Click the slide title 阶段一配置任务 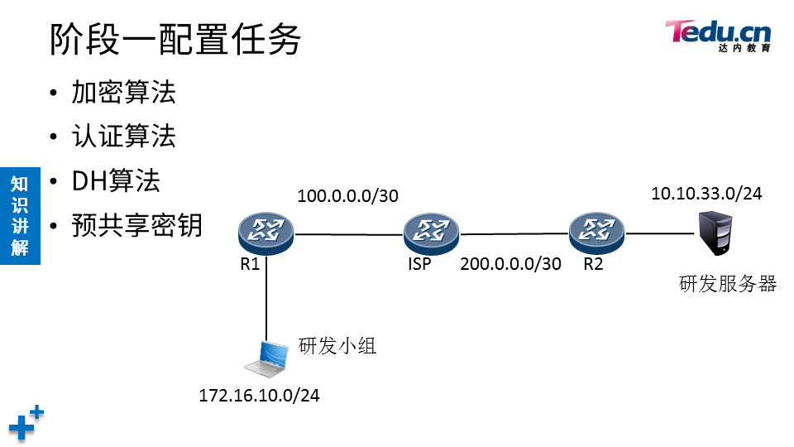pyautogui.click(x=175, y=39)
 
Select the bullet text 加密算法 pyautogui.click(x=123, y=92)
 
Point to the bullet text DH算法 pyautogui.click(x=116, y=180)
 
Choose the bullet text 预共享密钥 pyautogui.click(x=136, y=225)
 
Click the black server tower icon pyautogui.click(x=715, y=233)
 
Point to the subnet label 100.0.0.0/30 pyautogui.click(x=347, y=196)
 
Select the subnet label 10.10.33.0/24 pyautogui.click(x=706, y=194)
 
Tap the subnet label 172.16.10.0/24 pyautogui.click(x=259, y=395)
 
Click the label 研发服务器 pyautogui.click(x=728, y=284)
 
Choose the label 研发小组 pyautogui.click(x=337, y=345)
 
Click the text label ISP pyautogui.click(x=419, y=265)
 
